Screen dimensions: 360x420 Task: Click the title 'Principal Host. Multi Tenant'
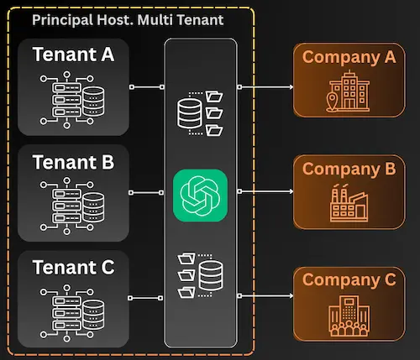pyautogui.click(x=127, y=18)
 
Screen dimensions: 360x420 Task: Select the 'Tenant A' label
pyautogui.click(x=73, y=55)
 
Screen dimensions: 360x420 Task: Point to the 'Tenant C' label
pyautogui.click(x=73, y=268)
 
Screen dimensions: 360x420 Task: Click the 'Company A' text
pyautogui.click(x=349, y=57)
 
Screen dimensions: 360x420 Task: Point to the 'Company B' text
pyautogui.click(x=349, y=168)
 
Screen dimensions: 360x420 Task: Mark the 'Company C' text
pyautogui.click(x=349, y=279)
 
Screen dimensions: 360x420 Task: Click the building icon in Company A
pyautogui.click(x=346, y=91)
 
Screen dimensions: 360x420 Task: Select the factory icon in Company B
pyautogui.click(x=348, y=201)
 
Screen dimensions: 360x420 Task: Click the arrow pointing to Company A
pyautogui.click(x=267, y=86)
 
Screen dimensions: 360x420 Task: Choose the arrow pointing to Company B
pyautogui.click(x=267, y=191)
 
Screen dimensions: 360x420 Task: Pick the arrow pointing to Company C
pyautogui.click(x=267, y=296)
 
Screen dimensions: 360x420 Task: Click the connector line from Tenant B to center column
pyautogui.click(x=150, y=191)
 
